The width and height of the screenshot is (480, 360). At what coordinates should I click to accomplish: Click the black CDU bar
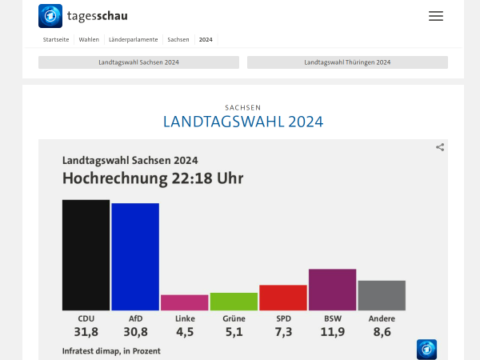pyautogui.click(x=86, y=254)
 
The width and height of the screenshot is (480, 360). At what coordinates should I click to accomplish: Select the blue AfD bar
pyautogui.click(x=135, y=256)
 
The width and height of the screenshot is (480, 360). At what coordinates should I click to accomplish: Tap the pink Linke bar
pyautogui.click(x=184, y=302)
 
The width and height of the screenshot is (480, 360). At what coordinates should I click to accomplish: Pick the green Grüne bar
pyautogui.click(x=234, y=302)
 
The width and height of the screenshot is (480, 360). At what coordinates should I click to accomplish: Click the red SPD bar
pyautogui.click(x=283, y=298)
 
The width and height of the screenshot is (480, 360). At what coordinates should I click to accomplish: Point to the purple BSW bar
pyautogui.click(x=332, y=290)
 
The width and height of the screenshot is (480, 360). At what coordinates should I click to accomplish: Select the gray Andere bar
pyautogui.click(x=382, y=295)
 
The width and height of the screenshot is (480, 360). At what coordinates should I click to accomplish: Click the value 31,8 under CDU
pyautogui.click(x=86, y=332)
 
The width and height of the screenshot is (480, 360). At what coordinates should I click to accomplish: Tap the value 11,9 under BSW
pyautogui.click(x=332, y=332)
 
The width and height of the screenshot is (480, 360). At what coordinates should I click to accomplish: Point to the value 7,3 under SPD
pyautogui.click(x=283, y=332)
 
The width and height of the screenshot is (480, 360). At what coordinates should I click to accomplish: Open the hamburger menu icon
pyautogui.click(x=436, y=16)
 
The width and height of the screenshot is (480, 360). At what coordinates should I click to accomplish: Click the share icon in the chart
pyautogui.click(x=440, y=147)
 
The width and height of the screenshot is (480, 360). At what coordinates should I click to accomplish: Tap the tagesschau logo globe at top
pyautogui.click(x=50, y=16)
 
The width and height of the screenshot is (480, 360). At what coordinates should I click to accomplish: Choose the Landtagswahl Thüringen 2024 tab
pyautogui.click(x=347, y=62)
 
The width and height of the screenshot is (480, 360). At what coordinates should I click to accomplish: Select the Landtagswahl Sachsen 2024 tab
pyautogui.click(x=138, y=62)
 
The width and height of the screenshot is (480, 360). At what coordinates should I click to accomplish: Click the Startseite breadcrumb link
pyautogui.click(x=56, y=39)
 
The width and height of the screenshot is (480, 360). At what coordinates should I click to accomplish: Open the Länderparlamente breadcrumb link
pyautogui.click(x=133, y=39)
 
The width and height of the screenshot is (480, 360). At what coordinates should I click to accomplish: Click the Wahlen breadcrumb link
pyautogui.click(x=89, y=39)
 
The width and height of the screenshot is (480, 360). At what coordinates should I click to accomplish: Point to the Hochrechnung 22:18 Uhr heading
pyautogui.click(x=152, y=178)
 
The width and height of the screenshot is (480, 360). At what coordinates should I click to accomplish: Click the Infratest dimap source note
pyautogui.click(x=111, y=351)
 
